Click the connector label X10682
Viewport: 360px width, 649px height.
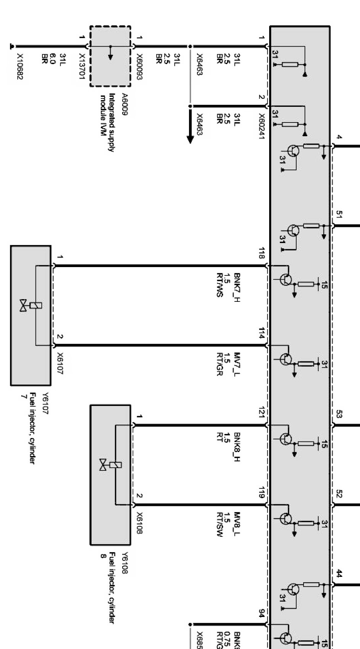20,67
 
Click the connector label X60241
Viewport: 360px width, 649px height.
262,126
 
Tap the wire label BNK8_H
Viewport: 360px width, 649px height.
237,444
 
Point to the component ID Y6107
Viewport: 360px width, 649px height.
45,404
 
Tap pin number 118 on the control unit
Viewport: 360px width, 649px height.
261,253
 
